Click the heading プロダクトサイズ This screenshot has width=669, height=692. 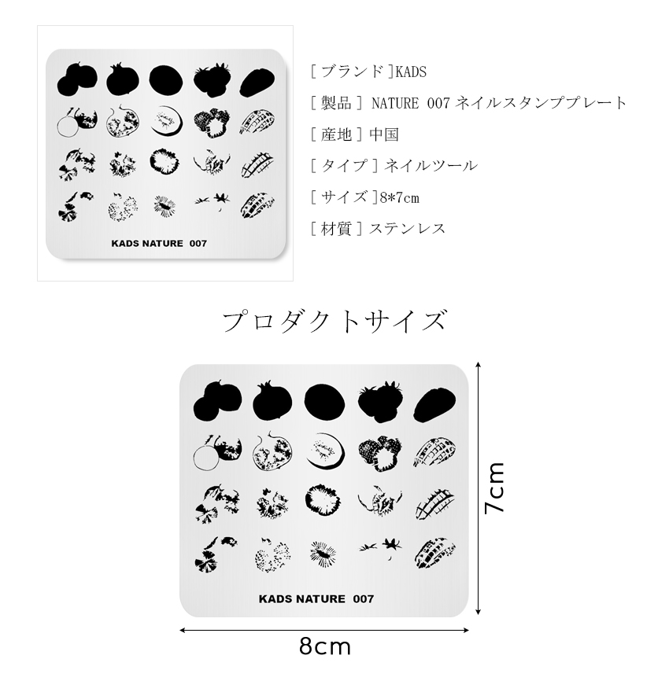point(334,321)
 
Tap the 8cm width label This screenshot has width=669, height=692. point(324,647)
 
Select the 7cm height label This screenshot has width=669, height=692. point(494,488)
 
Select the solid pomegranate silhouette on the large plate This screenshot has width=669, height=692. point(272,400)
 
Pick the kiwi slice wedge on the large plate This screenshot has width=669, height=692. point(323,452)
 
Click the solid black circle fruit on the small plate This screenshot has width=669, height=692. point(166,79)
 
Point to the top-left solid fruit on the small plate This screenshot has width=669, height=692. point(77,79)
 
